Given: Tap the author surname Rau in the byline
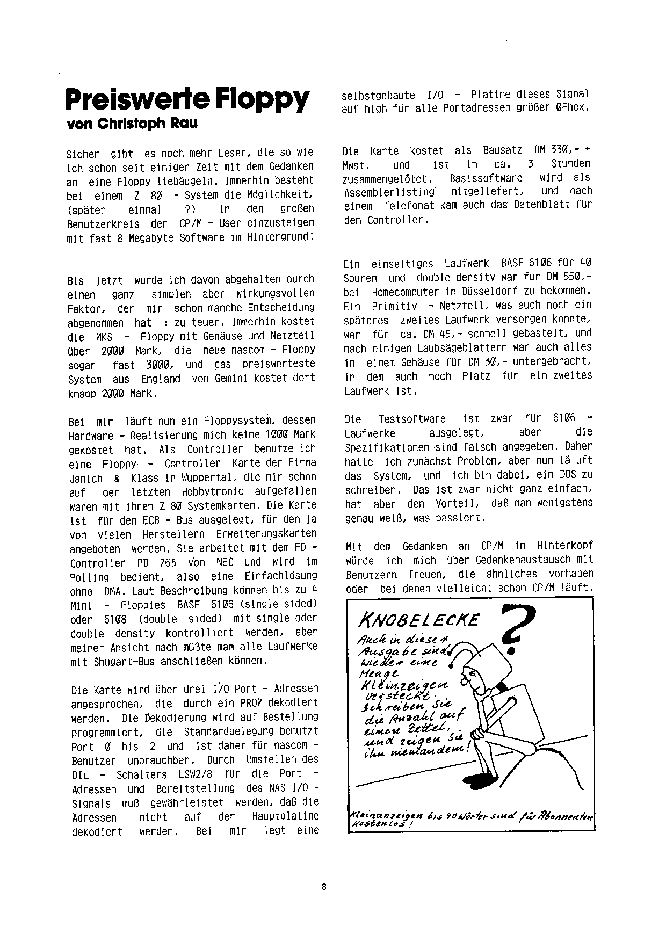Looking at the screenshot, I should click(184, 124).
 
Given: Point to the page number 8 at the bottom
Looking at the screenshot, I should click(324, 887).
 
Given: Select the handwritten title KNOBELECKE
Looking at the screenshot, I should click(418, 621).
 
